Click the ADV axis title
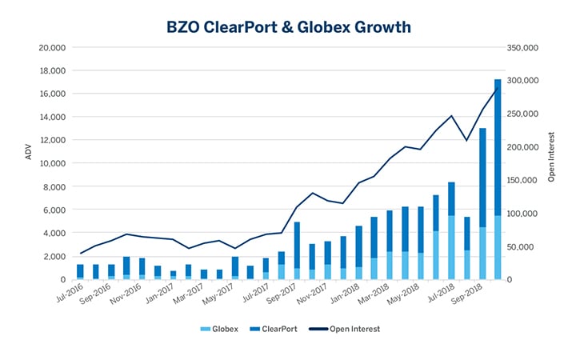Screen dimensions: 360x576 tap(28, 152)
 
